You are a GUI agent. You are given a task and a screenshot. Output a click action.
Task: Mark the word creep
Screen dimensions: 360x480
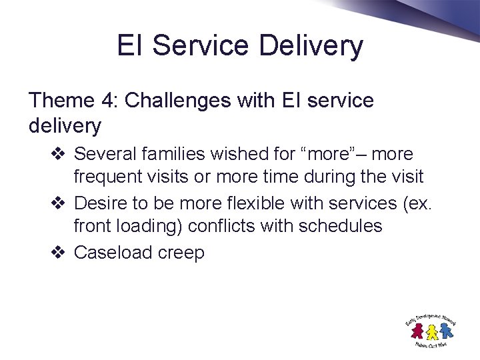tap(181, 253)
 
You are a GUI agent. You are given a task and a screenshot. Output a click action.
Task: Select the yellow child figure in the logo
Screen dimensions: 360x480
tap(431, 331)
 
